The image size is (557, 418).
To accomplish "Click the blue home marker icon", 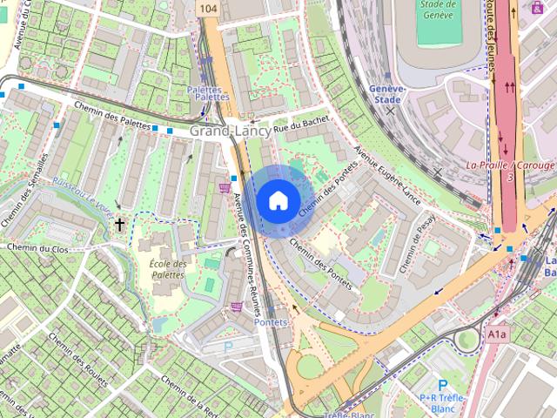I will pos(277,200).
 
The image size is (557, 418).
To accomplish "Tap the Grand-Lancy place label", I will pos(229,131).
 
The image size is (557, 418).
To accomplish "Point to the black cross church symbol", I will pos(119,225).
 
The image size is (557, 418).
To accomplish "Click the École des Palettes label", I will pos(168,269).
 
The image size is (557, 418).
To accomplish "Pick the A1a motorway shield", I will pos(496,333).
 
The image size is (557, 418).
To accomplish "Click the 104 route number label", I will pos(207,8).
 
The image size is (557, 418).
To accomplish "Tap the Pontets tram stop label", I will pos(271,322).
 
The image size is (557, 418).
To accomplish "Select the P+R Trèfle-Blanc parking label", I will pos(443,398).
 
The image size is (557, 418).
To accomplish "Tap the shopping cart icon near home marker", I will pos(225,186).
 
